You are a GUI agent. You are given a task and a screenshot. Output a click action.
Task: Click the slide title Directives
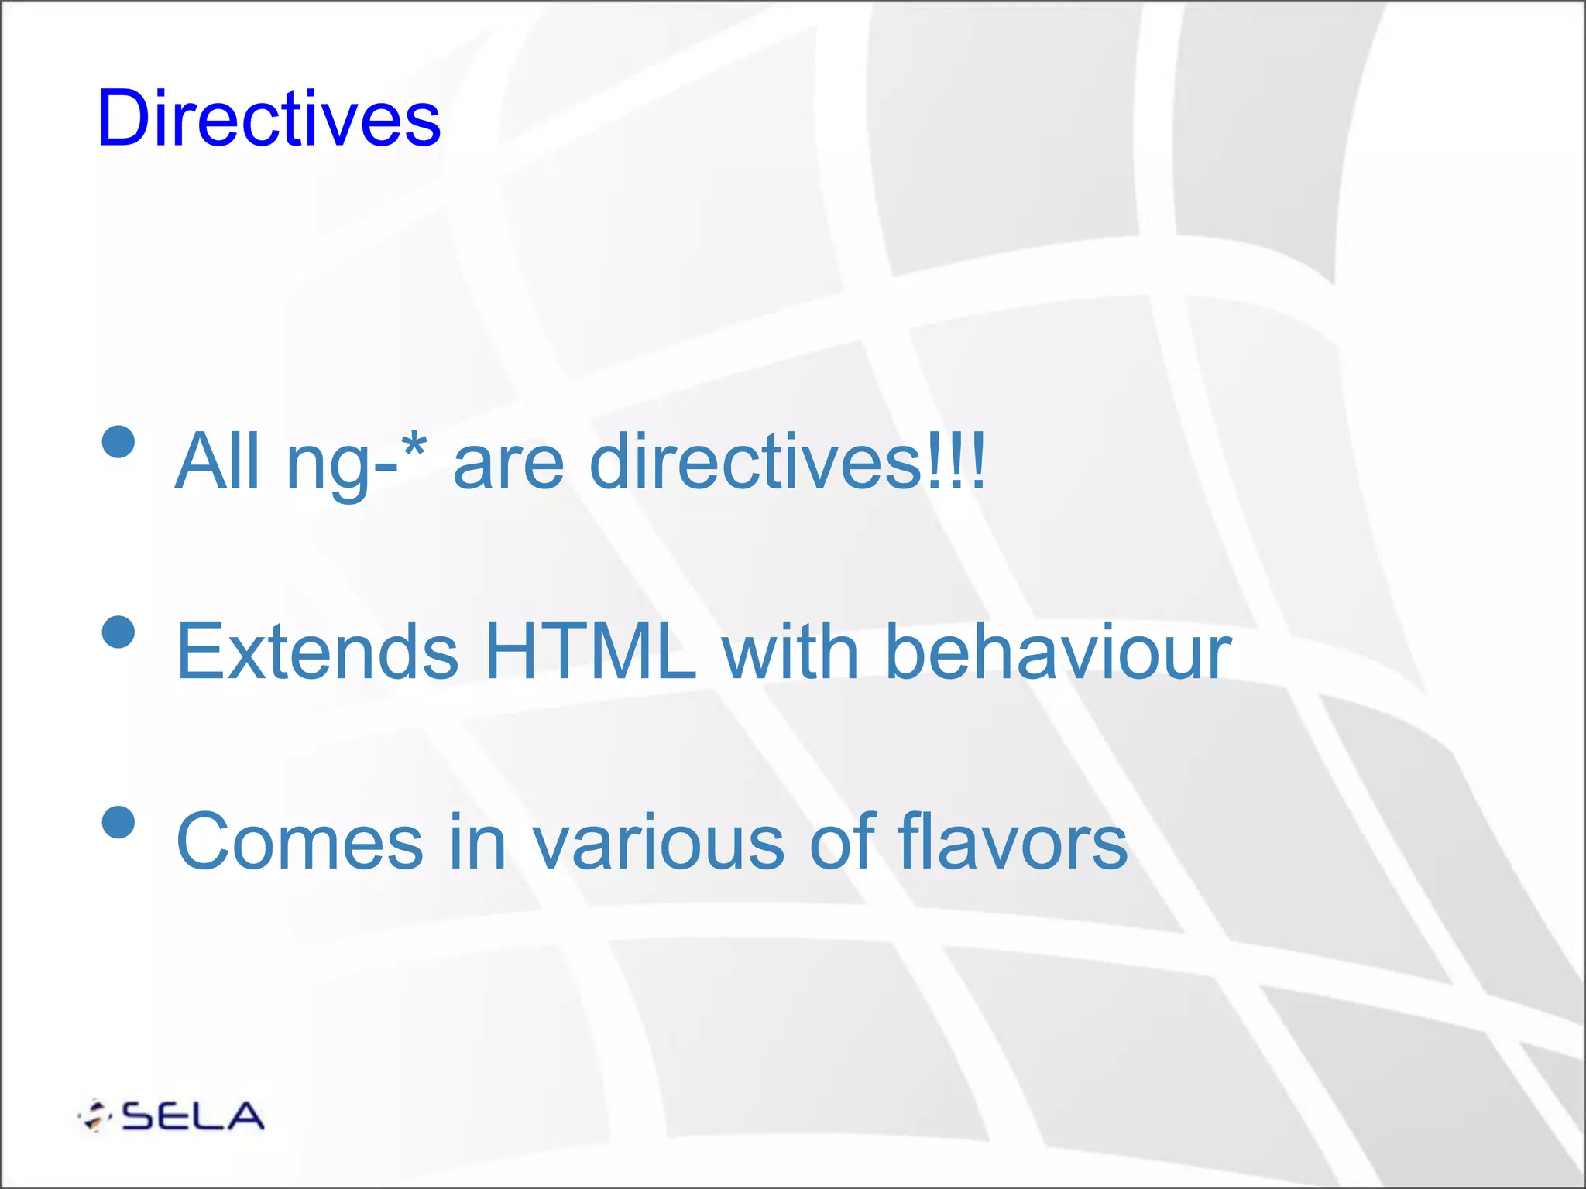(269, 118)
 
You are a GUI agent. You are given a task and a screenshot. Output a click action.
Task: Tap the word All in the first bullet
(218, 461)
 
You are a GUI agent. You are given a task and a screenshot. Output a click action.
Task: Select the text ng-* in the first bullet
(355, 463)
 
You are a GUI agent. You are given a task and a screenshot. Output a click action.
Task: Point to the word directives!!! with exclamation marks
(787, 461)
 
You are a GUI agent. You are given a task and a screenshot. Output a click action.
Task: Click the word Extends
(318, 652)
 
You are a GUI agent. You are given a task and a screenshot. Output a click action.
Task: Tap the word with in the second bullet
(790, 652)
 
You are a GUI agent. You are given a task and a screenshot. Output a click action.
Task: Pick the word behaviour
(1058, 652)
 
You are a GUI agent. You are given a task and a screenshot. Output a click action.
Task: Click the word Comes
(300, 842)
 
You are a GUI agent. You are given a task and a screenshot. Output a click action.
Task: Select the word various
(658, 842)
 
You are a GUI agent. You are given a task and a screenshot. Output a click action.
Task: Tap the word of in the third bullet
(843, 842)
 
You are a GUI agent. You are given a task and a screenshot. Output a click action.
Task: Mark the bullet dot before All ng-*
(118, 442)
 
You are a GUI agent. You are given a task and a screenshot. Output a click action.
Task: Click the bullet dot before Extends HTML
(118, 632)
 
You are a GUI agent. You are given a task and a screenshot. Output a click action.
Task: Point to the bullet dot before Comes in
(118, 822)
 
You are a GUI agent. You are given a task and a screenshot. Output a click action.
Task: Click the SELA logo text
(193, 1116)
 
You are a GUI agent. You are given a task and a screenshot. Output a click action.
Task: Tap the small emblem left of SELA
(95, 1116)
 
